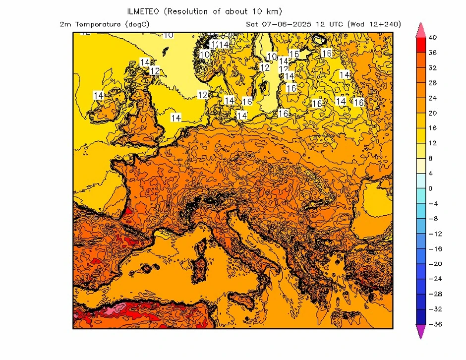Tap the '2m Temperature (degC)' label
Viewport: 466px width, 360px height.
[x=104, y=24]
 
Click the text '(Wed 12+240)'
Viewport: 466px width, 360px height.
[x=374, y=24]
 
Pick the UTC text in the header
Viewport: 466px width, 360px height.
[x=337, y=24]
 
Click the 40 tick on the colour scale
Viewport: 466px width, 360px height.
[x=432, y=38]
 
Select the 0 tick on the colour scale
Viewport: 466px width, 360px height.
[x=430, y=188]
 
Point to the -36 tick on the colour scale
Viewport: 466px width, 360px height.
[x=434, y=324]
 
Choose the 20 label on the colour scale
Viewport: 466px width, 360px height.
[x=432, y=113]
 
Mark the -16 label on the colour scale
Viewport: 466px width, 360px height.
[x=434, y=249]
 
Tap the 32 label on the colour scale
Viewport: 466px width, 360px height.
[x=432, y=68]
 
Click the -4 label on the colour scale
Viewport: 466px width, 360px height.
[x=432, y=204]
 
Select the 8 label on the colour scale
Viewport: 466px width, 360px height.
[x=430, y=159]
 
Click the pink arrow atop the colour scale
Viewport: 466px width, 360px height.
[x=420, y=30]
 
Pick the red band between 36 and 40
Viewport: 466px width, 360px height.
[x=420, y=45]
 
